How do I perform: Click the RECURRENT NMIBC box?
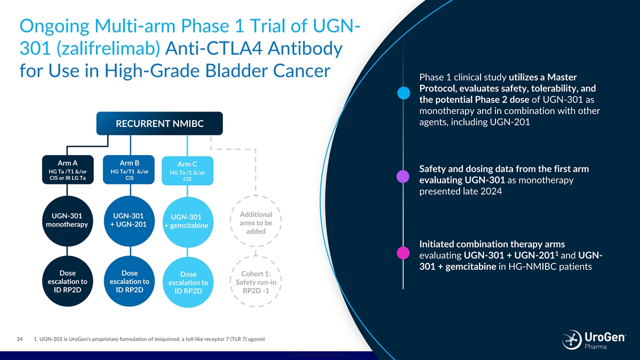tap(159, 124)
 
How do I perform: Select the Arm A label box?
tap(68, 170)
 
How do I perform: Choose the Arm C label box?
tap(187, 171)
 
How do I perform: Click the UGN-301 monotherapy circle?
tap(67, 221)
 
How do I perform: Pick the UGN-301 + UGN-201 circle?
tap(129, 221)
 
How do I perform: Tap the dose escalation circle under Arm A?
tap(67, 282)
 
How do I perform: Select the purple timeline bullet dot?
tap(404, 175)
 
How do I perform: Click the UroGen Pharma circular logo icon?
tap(572, 340)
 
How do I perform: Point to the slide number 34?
tap(20, 339)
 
